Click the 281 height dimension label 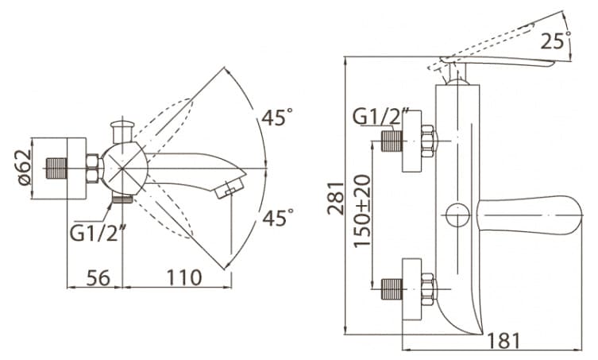(x=337, y=198)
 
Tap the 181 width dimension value (x=503, y=341)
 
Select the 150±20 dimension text (x=362, y=211)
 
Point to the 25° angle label (x=556, y=41)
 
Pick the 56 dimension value (x=98, y=277)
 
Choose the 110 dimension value (x=184, y=277)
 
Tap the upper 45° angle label (x=277, y=117)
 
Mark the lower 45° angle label (x=278, y=217)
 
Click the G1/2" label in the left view (x=98, y=233)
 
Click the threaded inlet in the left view (x=56, y=168)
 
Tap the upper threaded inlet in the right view (x=392, y=141)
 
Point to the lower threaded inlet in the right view (x=392, y=289)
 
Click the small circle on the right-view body (x=457, y=215)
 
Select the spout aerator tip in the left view (x=230, y=188)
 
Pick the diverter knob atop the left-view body (x=122, y=130)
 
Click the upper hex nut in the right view (x=429, y=141)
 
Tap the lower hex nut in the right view (x=429, y=289)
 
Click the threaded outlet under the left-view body (x=122, y=199)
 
